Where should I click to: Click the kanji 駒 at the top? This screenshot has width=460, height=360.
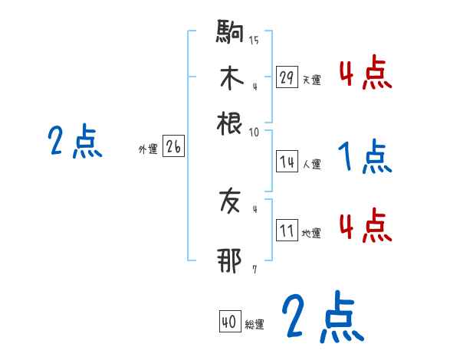click(230, 34)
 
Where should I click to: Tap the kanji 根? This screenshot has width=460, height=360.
click(230, 122)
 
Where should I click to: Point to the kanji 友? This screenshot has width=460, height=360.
click(230, 202)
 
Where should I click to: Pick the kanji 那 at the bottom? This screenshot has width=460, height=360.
click(230, 260)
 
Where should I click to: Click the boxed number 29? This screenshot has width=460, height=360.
click(287, 77)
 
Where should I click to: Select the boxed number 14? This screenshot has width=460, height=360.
click(287, 162)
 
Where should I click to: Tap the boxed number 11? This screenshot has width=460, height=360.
click(287, 231)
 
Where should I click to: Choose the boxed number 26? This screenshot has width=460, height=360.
click(173, 148)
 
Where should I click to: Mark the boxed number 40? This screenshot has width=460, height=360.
click(229, 322)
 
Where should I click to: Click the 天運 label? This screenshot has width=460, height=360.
click(311, 79)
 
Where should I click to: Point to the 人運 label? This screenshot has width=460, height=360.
click(311, 163)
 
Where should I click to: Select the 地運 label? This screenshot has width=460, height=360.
click(311, 234)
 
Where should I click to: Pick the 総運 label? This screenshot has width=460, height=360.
click(254, 325)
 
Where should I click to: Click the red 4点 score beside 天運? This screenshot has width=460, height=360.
click(365, 74)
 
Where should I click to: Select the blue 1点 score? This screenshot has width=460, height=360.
click(365, 158)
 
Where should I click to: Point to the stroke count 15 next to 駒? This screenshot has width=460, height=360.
click(254, 41)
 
